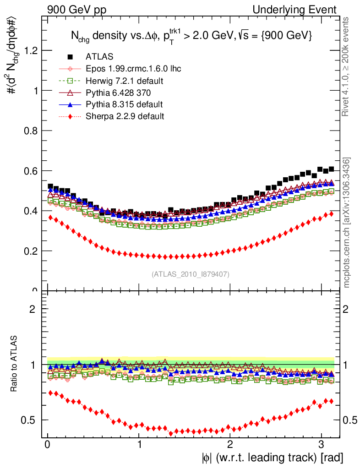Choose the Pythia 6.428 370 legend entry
pyautogui.click(x=118, y=93)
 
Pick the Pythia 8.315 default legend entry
pyautogui.click(x=124, y=104)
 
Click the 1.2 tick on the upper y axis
pyautogui.click(x=30, y=50)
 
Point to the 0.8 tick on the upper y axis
pyautogui.click(x=30, y=131)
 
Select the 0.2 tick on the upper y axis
pyautogui.click(x=30, y=251)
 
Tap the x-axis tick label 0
pyautogui.click(x=48, y=444)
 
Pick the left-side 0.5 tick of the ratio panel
pyautogui.click(x=30, y=420)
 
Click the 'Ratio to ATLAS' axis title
pyautogui.click(x=15, y=365)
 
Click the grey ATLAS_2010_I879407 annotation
pyautogui.click(x=191, y=274)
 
